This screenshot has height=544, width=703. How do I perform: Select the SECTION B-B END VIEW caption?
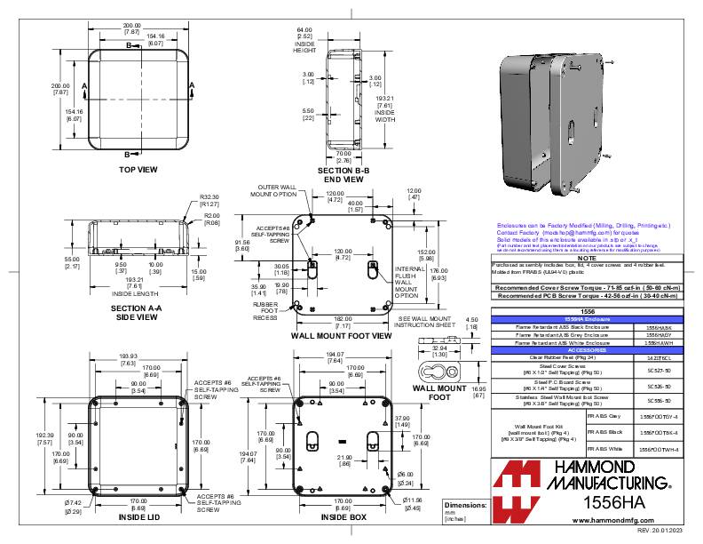click(x=341, y=175)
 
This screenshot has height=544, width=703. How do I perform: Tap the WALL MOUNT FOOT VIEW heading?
click(x=341, y=337)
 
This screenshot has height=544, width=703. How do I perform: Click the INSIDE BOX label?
click(x=344, y=516)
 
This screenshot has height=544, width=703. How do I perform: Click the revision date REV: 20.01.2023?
click(x=661, y=530)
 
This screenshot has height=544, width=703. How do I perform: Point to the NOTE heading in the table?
click(x=581, y=259)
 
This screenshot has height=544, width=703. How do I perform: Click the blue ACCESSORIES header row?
click(x=581, y=349)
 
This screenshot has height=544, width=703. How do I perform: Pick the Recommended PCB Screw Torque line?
click(x=581, y=295)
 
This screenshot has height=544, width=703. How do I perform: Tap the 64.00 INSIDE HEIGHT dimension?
click(x=304, y=40)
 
